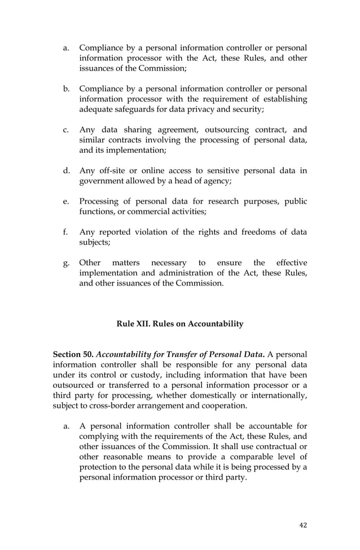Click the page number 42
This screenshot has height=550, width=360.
(304, 525)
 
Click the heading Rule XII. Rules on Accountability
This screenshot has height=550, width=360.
(180, 324)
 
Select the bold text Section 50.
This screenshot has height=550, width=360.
(72, 354)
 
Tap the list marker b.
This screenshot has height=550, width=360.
(66, 89)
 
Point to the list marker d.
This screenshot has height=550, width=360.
(66, 170)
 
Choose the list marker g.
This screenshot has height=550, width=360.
(66, 263)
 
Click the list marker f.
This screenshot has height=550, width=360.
(66, 231)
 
